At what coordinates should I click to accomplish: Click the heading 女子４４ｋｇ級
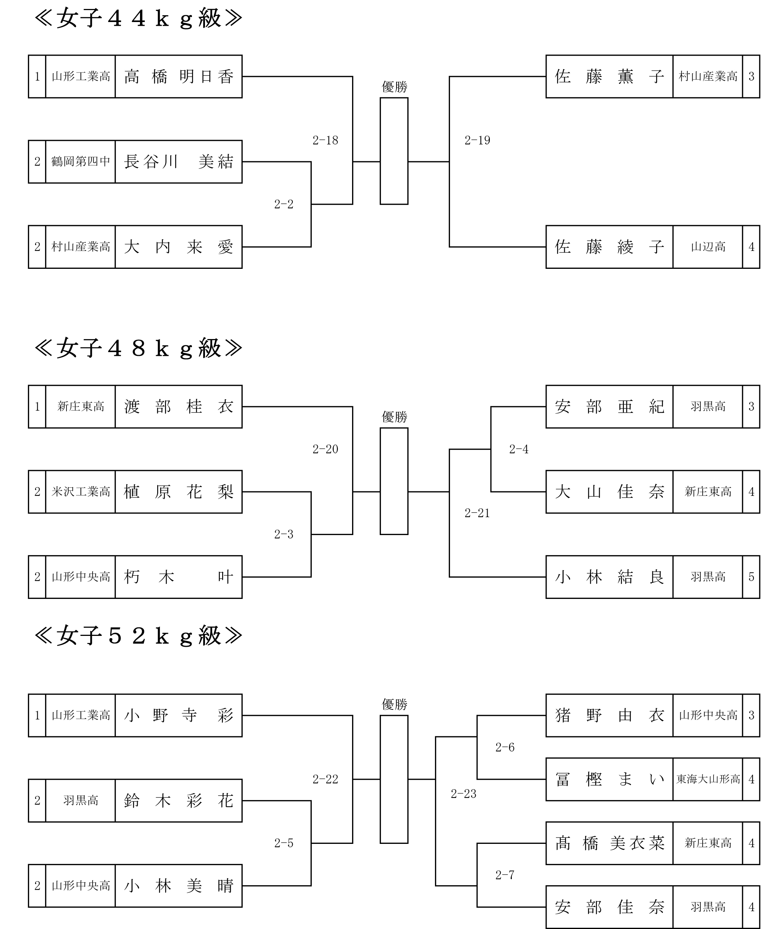pyautogui.click(x=138, y=19)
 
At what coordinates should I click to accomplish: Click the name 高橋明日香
pyautogui.click(x=178, y=77)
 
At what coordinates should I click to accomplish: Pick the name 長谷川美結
pyautogui.click(x=178, y=162)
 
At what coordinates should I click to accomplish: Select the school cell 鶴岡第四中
pyautogui.click(x=81, y=162)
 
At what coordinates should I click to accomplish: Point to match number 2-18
pyautogui.click(x=325, y=140)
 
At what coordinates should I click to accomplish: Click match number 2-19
pyautogui.click(x=477, y=140)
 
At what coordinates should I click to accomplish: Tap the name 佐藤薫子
pyautogui.click(x=609, y=77)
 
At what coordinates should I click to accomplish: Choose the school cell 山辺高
pyautogui.click(x=708, y=247)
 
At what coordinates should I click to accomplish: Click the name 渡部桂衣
pyautogui.click(x=178, y=406)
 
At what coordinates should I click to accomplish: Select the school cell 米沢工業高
pyautogui.click(x=81, y=491)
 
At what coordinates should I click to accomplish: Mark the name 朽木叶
pyautogui.click(x=178, y=577)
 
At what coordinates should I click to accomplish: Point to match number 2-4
pyautogui.click(x=519, y=449)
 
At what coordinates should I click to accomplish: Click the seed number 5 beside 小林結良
pyautogui.click(x=751, y=577)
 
